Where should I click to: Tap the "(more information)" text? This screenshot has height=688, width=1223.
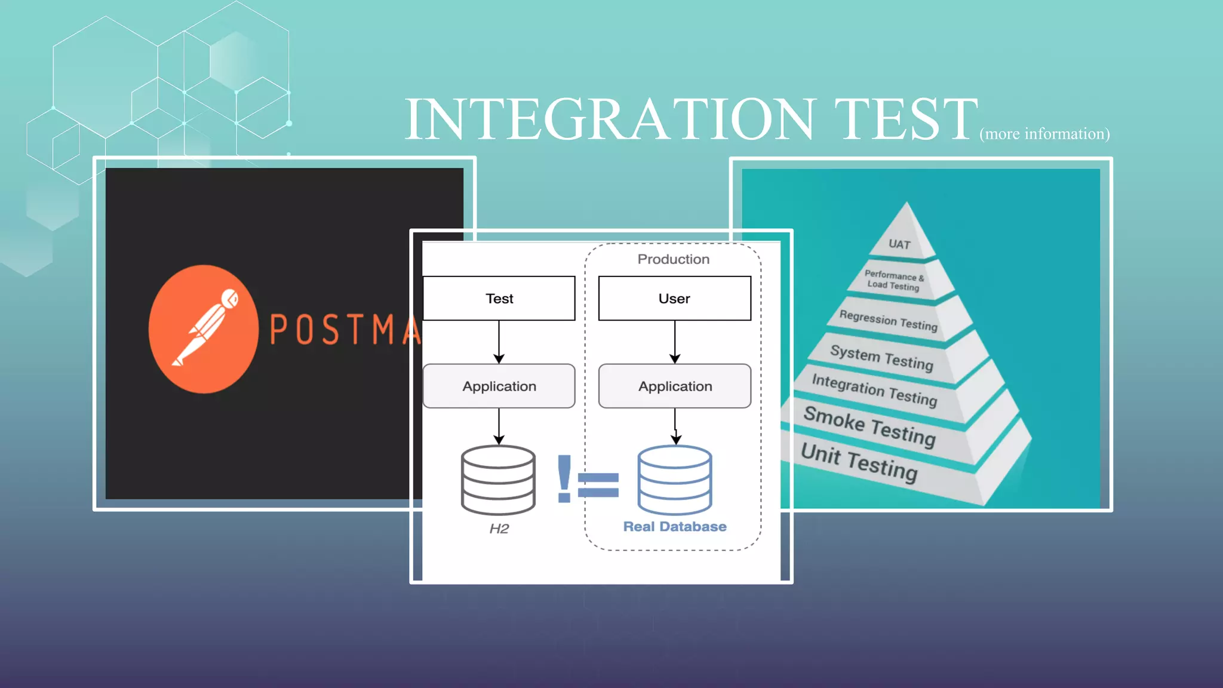pos(1044,134)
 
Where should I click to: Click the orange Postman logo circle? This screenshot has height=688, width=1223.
pos(204,329)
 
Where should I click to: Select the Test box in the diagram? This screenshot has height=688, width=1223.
pos(499,299)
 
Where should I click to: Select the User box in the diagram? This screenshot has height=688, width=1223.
pos(675,299)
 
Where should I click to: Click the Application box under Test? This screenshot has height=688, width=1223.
pos(499,386)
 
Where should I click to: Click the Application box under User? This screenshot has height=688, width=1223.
pos(675,386)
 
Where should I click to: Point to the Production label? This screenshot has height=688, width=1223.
pos(674,259)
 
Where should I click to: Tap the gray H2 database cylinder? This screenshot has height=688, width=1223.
pos(498,480)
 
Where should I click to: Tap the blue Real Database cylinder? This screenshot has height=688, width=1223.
pos(675,480)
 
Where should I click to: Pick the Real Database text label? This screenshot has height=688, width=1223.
pos(675,527)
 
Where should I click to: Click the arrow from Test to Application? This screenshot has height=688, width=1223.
pos(499,342)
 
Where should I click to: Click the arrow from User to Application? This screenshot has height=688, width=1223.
pos(675,342)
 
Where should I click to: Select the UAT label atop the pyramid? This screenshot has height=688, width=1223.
pos(899,244)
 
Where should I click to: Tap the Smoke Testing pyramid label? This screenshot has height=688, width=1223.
pos(869,426)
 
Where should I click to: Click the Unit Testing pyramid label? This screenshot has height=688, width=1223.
pos(859,462)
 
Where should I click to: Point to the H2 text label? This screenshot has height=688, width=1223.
pos(499,529)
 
